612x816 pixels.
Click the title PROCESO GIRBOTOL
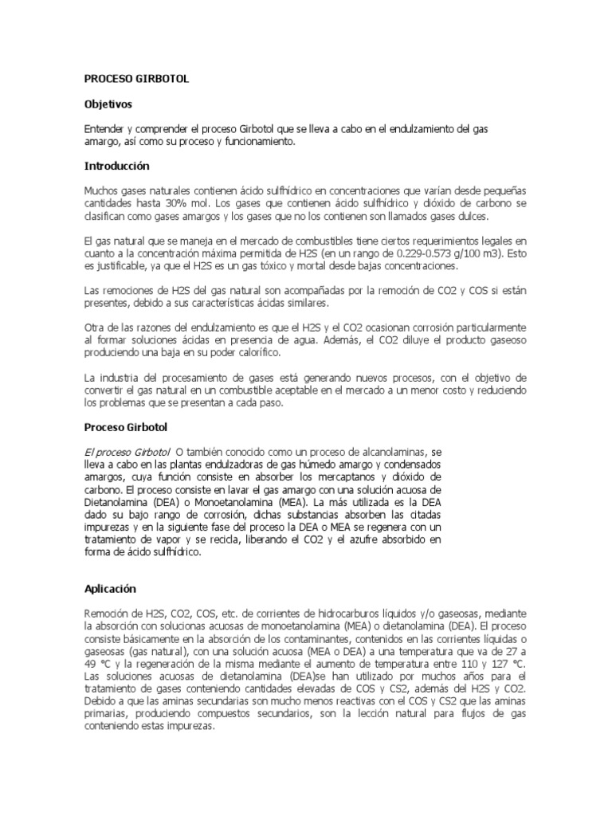137,80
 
